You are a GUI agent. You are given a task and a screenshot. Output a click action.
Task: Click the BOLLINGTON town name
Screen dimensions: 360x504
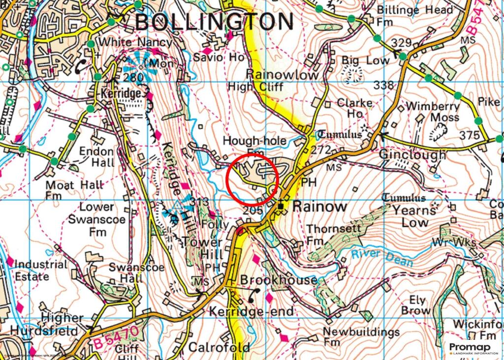tap(214, 22)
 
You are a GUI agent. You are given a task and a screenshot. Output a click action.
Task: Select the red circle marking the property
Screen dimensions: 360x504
tap(253, 179)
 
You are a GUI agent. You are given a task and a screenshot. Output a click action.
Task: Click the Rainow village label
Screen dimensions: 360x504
tap(319, 207)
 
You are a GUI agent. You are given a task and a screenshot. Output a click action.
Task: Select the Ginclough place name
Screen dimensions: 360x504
tap(412, 154)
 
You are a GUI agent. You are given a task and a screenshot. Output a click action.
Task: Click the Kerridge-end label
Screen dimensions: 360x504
tap(251, 311)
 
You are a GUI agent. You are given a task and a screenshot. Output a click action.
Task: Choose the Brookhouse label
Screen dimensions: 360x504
tap(279, 280)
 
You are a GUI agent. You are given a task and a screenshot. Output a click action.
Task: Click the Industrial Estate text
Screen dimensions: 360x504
tap(40, 270)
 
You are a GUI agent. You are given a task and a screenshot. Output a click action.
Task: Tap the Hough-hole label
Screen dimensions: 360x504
tap(254, 141)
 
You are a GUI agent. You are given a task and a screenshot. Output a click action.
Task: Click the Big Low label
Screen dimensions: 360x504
tap(365, 60)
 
